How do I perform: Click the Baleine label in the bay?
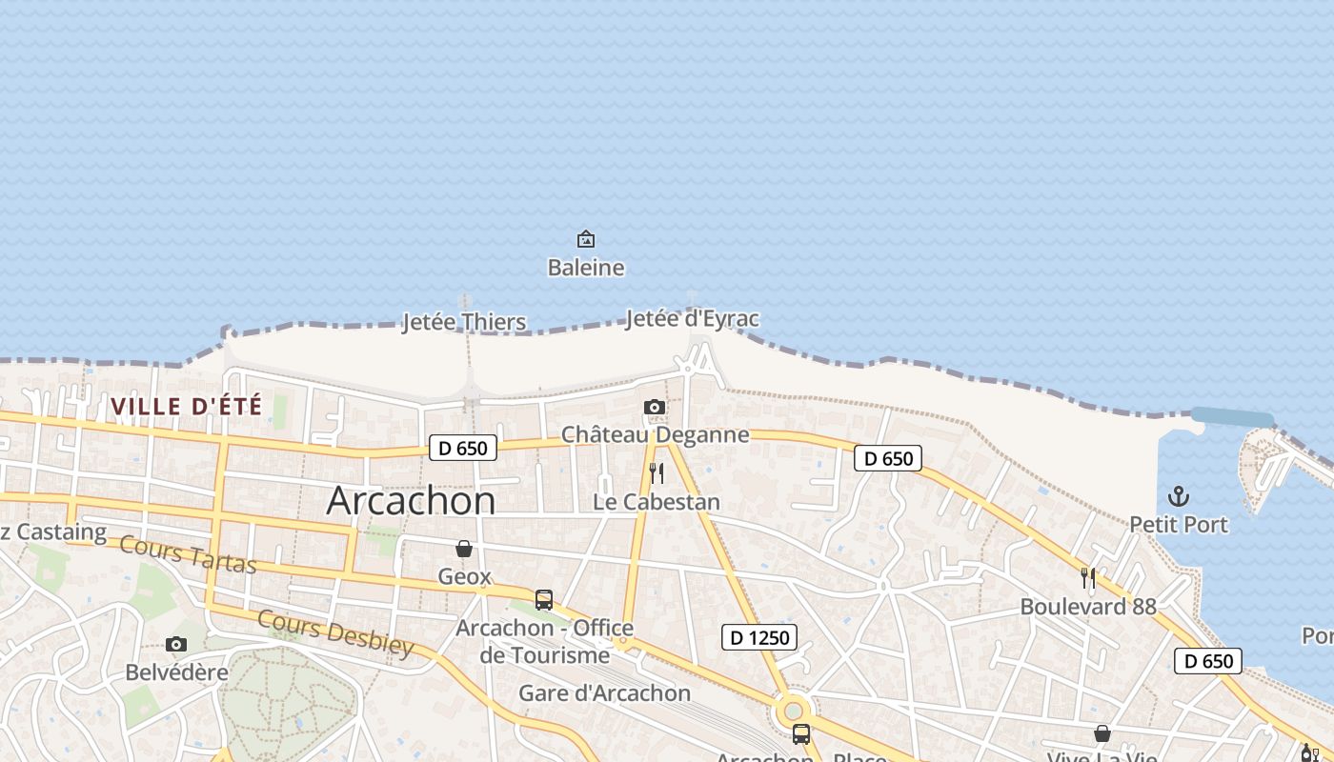point(586,268)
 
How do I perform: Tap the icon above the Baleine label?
point(586,238)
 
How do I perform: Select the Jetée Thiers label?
point(464,322)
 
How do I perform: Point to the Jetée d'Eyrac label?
point(693,318)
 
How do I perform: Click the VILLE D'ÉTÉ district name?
point(186,406)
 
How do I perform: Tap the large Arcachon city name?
point(411,501)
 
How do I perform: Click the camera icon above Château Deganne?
point(654,408)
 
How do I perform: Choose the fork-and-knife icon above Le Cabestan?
point(656,473)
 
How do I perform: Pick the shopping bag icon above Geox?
point(464,549)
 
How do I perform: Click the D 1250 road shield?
point(758,637)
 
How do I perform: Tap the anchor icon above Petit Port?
point(1179,496)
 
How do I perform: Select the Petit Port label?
point(1179,525)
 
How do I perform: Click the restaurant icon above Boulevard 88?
point(1088,577)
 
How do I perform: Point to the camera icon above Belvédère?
point(176,645)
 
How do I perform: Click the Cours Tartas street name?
point(189,555)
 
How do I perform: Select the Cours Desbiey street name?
point(335,632)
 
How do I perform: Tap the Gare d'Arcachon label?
point(604,692)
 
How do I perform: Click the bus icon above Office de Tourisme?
point(544,600)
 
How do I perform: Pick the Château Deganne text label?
point(655,435)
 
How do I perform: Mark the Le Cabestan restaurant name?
point(657,502)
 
